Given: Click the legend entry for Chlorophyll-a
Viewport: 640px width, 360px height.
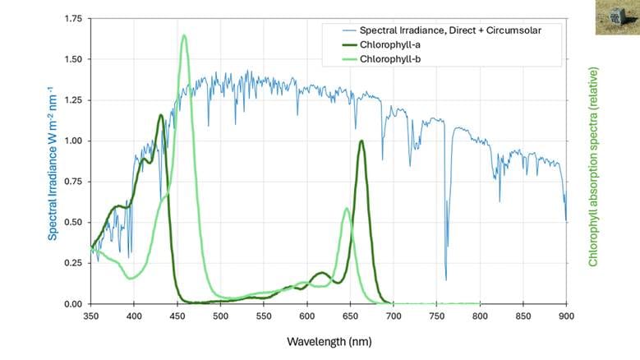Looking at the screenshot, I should [x=391, y=44].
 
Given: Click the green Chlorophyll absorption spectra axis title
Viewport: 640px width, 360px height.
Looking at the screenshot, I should [x=592, y=167].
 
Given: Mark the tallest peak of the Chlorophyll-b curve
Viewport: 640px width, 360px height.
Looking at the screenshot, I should [x=184, y=35].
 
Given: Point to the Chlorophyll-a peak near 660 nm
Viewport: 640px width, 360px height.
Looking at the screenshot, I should [x=361, y=141].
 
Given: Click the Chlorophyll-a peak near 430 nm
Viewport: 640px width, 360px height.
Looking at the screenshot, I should [x=160, y=115].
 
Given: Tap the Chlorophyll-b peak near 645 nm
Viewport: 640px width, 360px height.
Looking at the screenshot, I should [x=347, y=209].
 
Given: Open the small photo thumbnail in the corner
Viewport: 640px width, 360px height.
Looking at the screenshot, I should [x=616, y=17].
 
